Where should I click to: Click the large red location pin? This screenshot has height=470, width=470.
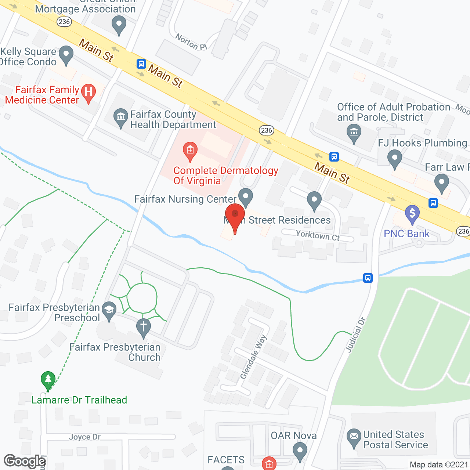235,217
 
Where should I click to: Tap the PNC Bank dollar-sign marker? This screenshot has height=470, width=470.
412,214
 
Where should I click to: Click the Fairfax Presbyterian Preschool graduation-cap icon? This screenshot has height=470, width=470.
109,311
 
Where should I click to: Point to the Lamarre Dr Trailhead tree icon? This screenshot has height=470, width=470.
48,380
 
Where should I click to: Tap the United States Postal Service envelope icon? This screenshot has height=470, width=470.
354,437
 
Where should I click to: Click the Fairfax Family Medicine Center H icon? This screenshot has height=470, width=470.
88,92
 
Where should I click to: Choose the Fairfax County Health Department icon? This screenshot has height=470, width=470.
120,117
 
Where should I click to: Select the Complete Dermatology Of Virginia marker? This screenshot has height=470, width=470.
190,151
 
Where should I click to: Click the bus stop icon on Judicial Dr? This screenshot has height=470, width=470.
368,278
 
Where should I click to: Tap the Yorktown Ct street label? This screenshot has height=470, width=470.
318,235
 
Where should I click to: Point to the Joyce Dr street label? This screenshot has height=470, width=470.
85,437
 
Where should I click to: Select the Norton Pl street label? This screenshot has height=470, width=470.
191,42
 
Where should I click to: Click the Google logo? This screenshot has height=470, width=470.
25,461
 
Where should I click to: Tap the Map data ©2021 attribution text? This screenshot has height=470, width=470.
439,464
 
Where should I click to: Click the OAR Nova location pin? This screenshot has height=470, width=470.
300,451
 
